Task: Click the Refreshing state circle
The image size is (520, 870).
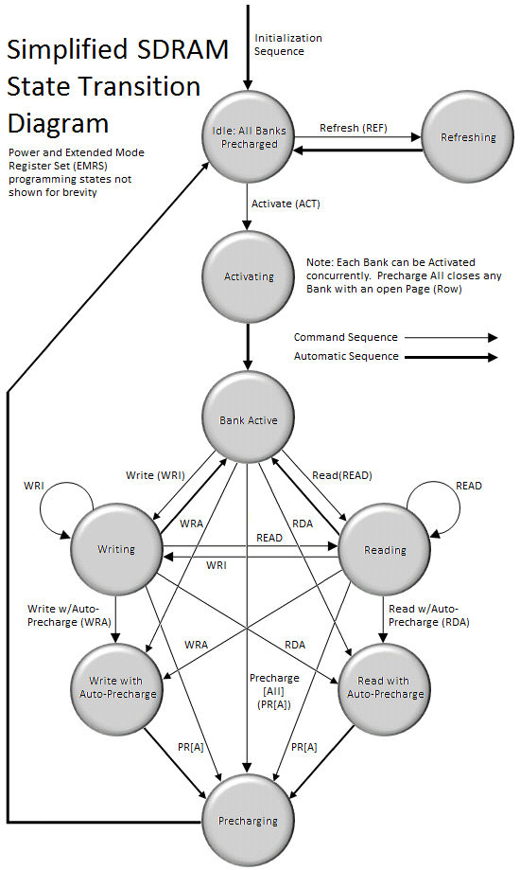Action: (467, 137)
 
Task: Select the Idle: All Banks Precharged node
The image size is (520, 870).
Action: (249, 137)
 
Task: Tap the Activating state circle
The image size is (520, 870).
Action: (249, 276)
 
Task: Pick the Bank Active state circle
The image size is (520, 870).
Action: (249, 418)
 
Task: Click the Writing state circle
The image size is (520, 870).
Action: (116, 549)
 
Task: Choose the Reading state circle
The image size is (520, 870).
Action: (384, 550)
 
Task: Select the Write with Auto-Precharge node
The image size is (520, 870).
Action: (117, 688)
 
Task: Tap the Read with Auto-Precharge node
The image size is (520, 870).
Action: (384, 688)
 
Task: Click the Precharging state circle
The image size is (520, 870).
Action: (248, 820)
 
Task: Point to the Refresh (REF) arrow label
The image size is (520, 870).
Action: (354, 128)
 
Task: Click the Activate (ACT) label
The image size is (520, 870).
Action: (286, 204)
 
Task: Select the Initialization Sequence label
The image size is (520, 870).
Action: (287, 44)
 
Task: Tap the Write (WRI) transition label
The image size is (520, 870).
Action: (155, 475)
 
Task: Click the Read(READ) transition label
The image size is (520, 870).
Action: (342, 475)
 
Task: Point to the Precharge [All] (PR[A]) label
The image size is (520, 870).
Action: (274, 691)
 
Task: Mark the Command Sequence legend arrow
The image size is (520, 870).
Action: (451, 337)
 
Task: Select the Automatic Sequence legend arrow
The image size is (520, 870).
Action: (451, 357)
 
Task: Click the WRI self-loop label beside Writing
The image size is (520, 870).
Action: (34, 486)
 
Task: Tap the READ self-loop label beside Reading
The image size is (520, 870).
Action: (468, 486)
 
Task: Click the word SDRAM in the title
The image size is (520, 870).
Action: (182, 50)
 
